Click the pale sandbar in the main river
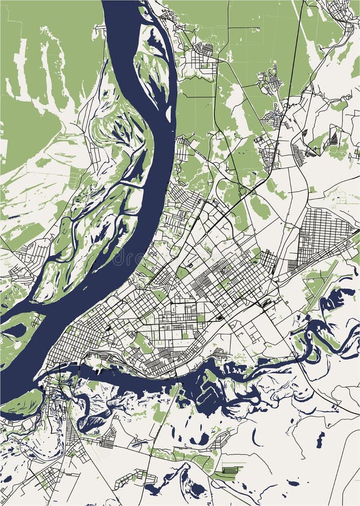click(x=168, y=112)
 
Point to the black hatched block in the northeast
click(x=334, y=137)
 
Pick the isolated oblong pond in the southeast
click(x=320, y=439)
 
